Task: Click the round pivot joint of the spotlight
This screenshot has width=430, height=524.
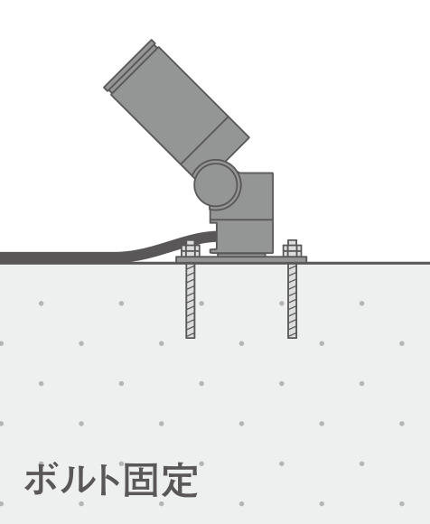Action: click(x=217, y=184)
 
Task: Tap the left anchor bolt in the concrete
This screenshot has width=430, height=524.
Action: click(x=191, y=300)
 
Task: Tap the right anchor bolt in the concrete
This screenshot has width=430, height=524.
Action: click(x=293, y=300)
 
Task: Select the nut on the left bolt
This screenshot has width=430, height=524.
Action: click(x=191, y=250)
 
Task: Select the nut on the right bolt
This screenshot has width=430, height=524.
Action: click(x=293, y=250)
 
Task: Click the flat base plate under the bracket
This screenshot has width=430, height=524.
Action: click(x=241, y=259)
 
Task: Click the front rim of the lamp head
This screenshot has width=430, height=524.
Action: click(x=130, y=65)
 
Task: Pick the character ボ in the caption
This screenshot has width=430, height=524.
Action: click(x=41, y=479)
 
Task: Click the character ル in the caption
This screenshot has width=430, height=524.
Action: click(x=73, y=480)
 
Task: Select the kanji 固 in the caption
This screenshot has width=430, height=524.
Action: click(x=140, y=480)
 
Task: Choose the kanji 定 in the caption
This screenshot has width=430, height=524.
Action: click(x=180, y=480)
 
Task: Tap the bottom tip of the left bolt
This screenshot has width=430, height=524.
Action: click(x=191, y=338)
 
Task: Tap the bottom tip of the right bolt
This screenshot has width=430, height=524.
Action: click(x=293, y=338)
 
